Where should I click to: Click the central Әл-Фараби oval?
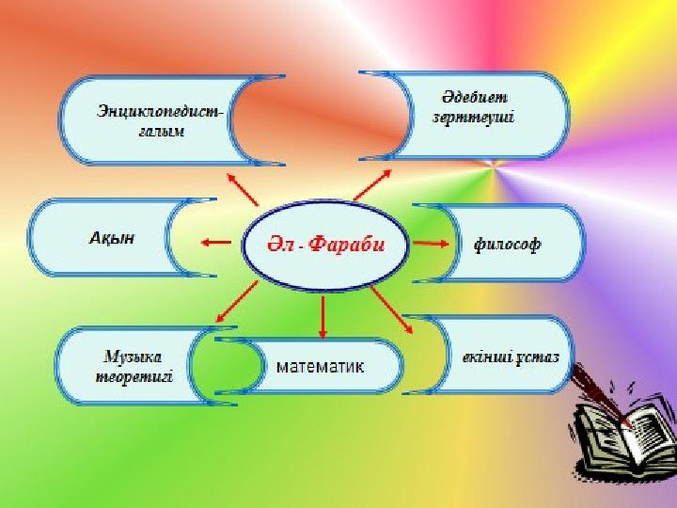coord(324,245)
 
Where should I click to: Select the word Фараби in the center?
coord(347,245)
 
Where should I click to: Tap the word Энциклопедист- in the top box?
coord(160,111)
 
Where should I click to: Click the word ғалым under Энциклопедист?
coord(162,131)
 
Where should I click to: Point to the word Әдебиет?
coord(475,97)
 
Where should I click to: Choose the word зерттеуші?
coord(474,117)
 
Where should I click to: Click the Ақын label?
coord(112,238)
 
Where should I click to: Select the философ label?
coord(507,245)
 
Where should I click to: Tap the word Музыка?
coord(133,357)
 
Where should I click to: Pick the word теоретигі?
coord(134,376)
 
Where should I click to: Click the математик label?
coord(320,367)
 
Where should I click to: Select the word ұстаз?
coord(538,357)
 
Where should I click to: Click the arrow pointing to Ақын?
coord(216,243)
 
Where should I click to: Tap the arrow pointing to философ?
coord(432,244)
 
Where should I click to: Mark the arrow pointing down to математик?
coord(323,317)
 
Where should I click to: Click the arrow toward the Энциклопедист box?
coord(243,189)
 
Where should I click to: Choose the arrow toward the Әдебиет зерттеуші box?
coord(372,185)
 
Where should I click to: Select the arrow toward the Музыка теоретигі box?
coord(237,302)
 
